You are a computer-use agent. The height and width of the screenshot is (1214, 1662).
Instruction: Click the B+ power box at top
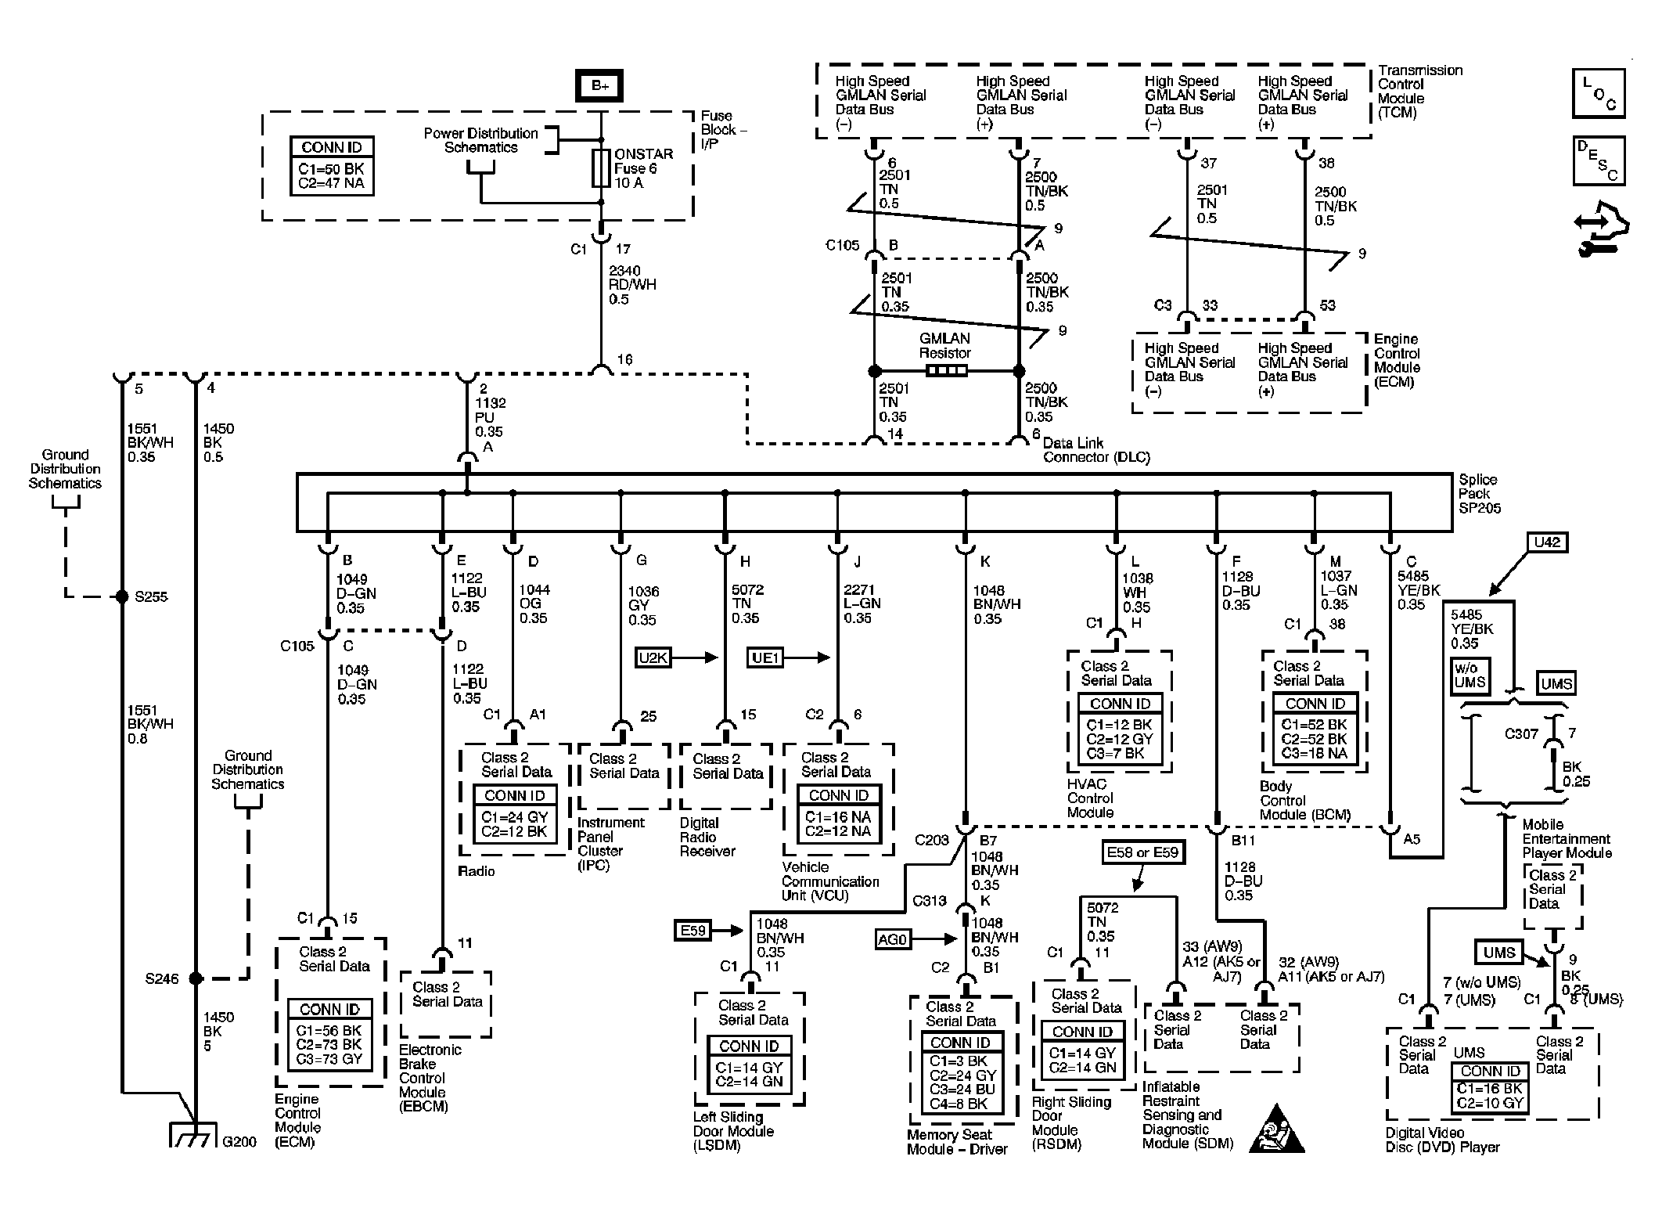[599, 85]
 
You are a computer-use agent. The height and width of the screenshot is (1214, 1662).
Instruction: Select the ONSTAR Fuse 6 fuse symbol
[601, 168]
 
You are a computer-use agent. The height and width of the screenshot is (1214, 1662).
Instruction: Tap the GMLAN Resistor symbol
[945, 371]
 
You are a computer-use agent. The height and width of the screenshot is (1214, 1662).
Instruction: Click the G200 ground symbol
[193, 1137]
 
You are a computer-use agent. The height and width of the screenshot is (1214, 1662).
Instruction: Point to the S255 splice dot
[121, 596]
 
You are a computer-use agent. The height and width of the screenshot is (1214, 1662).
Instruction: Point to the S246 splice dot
[196, 978]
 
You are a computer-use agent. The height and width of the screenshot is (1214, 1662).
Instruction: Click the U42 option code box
[1547, 542]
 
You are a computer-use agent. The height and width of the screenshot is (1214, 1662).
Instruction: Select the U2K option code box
[653, 657]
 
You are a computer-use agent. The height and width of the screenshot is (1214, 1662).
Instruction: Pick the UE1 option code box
[765, 657]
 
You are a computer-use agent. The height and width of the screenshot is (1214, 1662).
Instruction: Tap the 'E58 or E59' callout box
[1142, 852]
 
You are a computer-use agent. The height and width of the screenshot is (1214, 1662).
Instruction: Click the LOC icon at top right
[1599, 93]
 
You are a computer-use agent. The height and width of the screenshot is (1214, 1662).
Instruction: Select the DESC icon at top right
[1599, 160]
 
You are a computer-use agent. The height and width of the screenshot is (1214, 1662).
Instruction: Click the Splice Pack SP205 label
[1477, 493]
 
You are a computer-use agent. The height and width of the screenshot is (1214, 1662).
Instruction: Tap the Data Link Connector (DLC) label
[1095, 450]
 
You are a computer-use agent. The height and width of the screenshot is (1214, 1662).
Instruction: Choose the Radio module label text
[477, 871]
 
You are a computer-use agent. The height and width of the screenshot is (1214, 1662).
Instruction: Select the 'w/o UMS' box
[1470, 675]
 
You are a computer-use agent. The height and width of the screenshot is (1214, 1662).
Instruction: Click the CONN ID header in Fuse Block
[332, 147]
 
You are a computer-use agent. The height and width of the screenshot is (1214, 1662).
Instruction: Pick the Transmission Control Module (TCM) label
[1418, 91]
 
